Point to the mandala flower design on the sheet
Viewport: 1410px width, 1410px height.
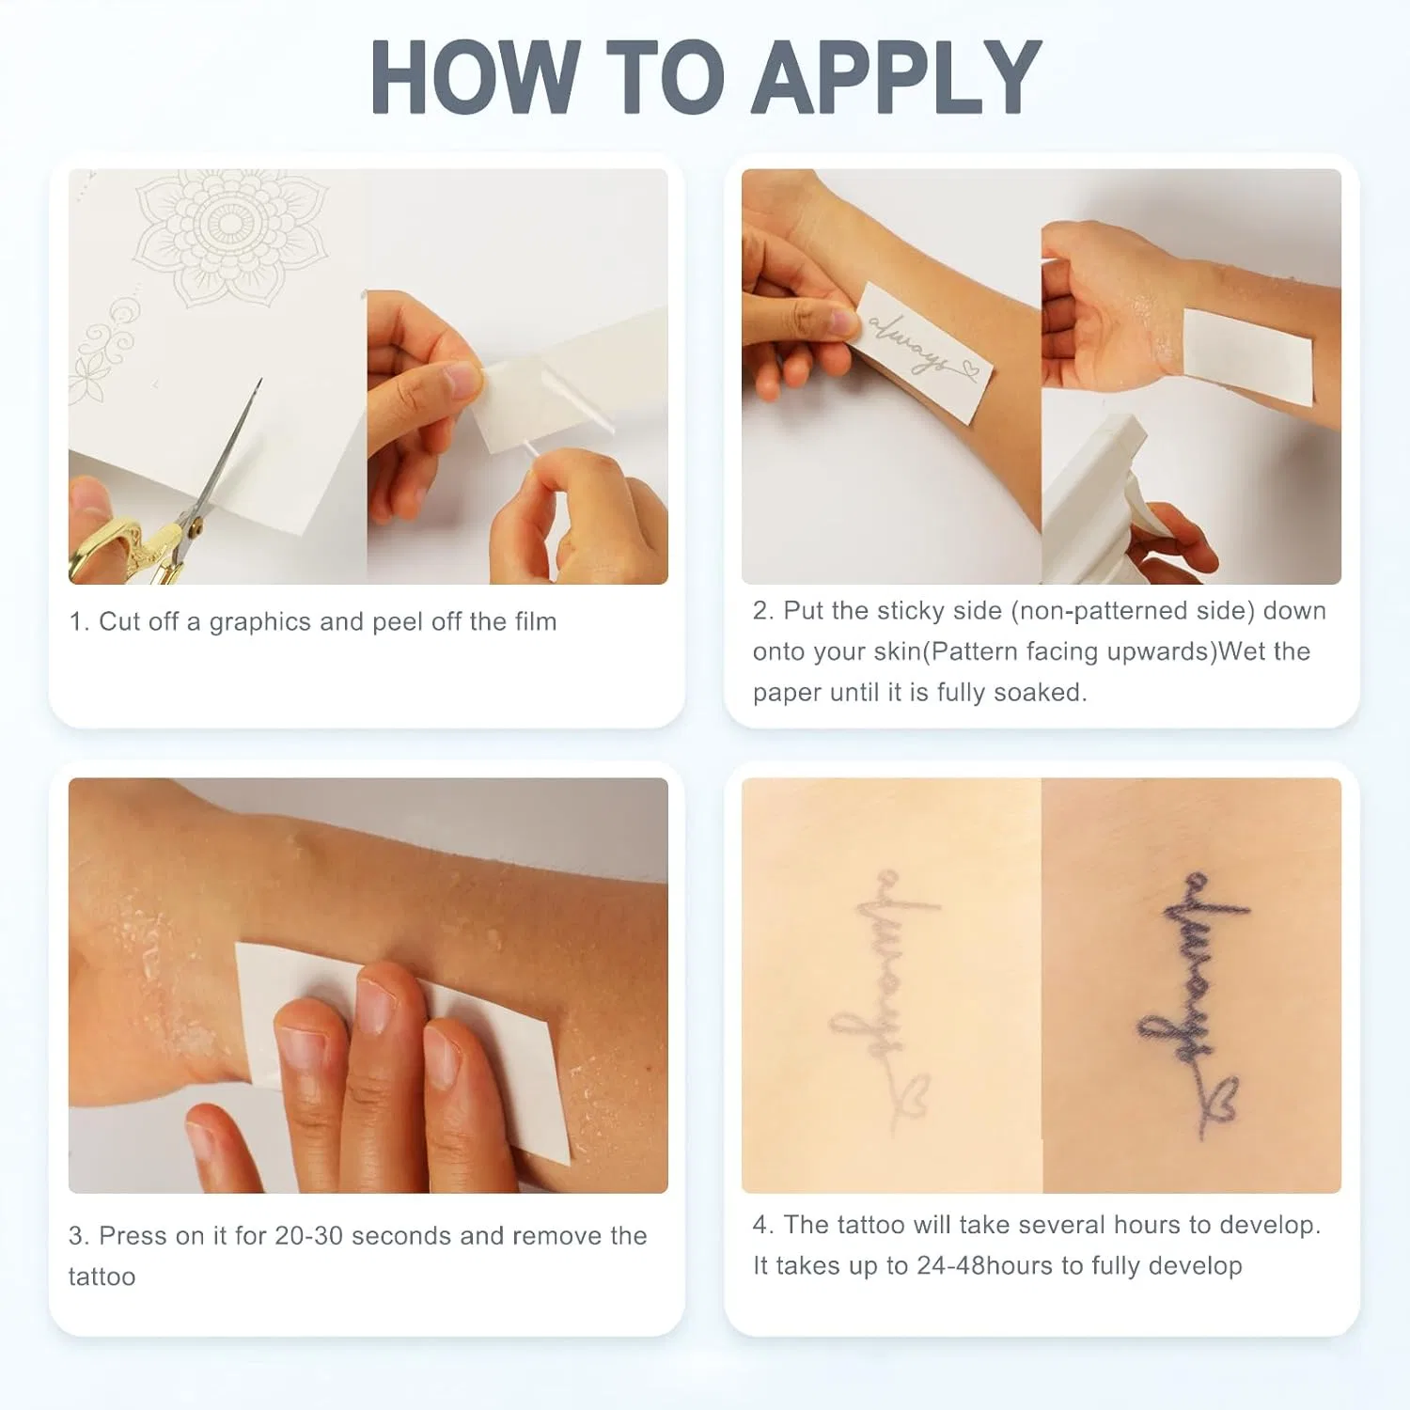coord(230,235)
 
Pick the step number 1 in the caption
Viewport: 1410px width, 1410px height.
coord(78,622)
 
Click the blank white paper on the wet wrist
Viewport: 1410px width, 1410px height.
coord(1247,357)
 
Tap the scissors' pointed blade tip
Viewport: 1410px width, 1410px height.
coord(260,380)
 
